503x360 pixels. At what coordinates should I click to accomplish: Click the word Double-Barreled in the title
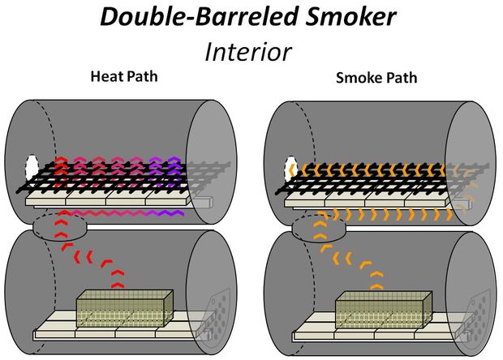(200, 17)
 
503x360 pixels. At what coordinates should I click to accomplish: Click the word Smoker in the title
(350, 17)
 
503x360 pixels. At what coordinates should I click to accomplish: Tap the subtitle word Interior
(248, 52)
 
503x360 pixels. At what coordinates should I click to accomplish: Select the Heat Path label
(124, 76)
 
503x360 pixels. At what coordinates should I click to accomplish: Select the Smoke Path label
(376, 78)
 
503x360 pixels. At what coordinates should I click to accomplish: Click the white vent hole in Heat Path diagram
(32, 167)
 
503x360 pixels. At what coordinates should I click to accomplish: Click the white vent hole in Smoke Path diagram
(291, 169)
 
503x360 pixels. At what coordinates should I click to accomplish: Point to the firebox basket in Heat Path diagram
(125, 308)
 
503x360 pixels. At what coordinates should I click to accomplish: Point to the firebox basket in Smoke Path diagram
(384, 310)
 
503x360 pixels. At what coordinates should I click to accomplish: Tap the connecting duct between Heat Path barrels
(60, 227)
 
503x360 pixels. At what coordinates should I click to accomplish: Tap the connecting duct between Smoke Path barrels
(319, 229)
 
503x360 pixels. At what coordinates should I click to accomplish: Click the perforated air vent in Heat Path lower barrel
(219, 311)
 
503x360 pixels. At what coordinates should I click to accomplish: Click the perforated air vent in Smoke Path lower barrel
(478, 313)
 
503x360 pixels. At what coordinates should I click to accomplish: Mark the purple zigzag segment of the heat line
(165, 213)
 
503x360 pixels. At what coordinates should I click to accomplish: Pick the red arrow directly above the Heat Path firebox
(118, 285)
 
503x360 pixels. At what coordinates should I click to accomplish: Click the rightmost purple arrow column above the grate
(174, 172)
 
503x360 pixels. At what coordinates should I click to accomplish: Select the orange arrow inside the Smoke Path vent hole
(292, 169)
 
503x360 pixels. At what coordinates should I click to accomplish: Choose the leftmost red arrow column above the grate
(61, 172)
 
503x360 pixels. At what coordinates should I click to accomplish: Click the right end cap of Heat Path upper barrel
(212, 162)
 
